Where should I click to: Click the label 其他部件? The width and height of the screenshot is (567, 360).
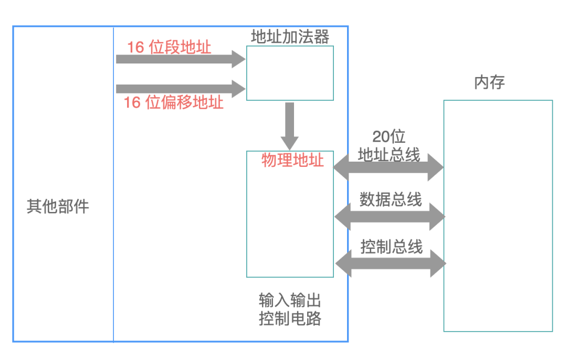[58, 206]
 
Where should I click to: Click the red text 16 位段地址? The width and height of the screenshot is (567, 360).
[169, 47]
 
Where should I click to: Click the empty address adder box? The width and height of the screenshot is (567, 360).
[290, 73]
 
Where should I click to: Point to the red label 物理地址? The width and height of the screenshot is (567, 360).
[292, 160]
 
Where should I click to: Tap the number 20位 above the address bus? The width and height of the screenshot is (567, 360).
[389, 136]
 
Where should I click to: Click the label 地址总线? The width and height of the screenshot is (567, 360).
[389, 154]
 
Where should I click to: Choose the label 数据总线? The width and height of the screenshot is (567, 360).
[391, 199]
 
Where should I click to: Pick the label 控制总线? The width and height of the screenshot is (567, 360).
[391, 247]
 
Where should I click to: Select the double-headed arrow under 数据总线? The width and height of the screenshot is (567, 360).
[390, 216]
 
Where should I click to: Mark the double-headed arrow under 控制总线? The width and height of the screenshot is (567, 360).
[391, 263]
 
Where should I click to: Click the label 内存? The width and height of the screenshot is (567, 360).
[489, 82]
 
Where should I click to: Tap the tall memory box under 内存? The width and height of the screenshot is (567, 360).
[498, 215]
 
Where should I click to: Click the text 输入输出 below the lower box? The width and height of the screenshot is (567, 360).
[290, 301]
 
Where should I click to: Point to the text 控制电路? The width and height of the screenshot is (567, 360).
[290, 319]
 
